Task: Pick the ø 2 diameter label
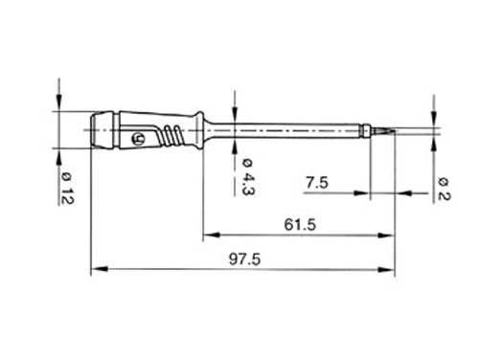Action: (x=444, y=186)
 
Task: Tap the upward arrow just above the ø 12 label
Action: (x=59, y=157)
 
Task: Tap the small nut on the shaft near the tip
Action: (x=368, y=127)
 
